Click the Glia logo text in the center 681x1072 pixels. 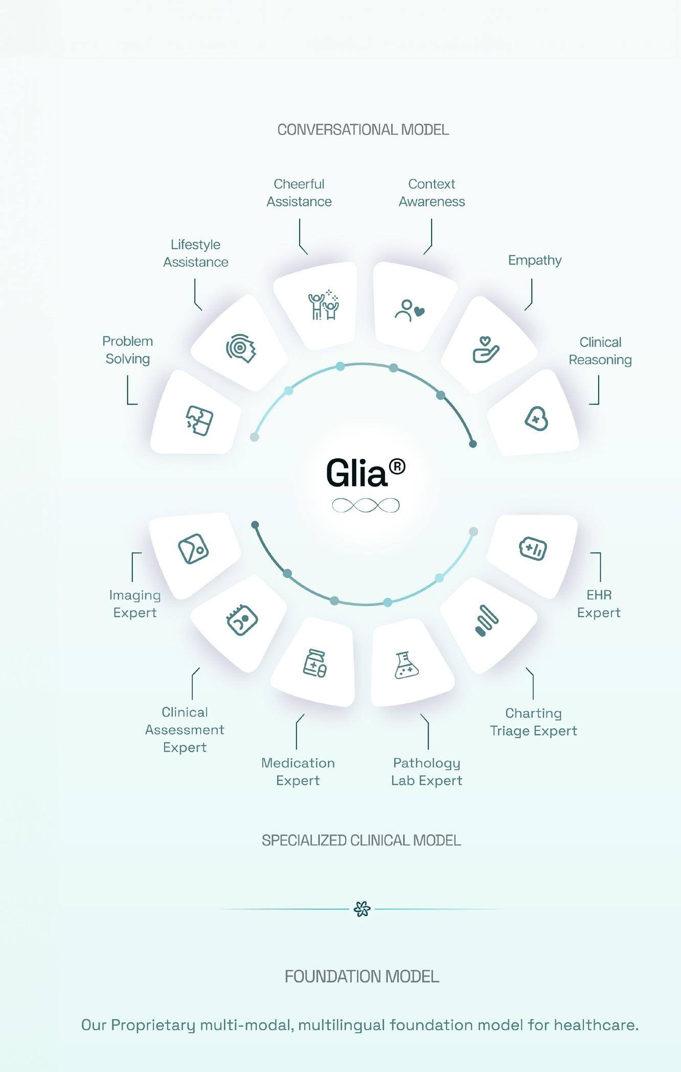357,473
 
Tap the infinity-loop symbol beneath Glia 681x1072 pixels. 366,506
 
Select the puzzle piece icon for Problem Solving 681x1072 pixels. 199,420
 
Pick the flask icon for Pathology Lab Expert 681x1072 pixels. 406,665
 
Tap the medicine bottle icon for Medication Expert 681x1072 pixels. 315,663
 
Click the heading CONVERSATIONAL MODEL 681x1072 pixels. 363,130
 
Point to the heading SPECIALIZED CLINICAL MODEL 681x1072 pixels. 361,840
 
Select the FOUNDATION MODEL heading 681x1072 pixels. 361,976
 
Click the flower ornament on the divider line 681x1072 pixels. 362,909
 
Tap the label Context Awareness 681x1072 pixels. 432,193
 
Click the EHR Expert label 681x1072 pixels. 599,604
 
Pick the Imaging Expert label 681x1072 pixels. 135,604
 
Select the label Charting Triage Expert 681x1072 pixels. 533,722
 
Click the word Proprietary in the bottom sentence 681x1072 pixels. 153,1025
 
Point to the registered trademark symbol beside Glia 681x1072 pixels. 397,466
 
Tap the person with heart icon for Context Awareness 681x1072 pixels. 410,310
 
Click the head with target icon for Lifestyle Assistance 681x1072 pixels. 241,348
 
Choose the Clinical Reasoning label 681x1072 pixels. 600,351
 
